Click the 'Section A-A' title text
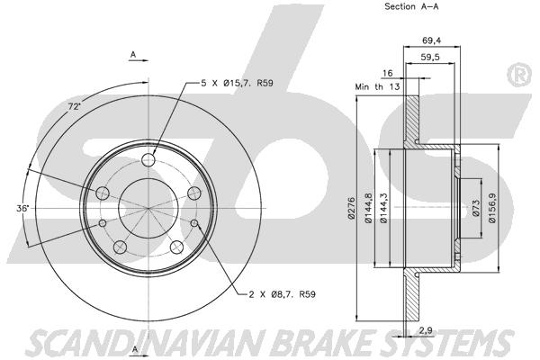coord(411,6)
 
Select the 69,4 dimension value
coord(431,40)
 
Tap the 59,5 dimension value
coord(430,57)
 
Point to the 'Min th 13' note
coord(377,86)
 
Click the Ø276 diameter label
coord(351,208)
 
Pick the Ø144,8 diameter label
coord(368,207)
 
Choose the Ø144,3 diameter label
coord(383,207)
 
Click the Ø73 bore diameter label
coord(476,208)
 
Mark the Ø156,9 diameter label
coord(492,208)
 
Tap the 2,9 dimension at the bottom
coord(426,330)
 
